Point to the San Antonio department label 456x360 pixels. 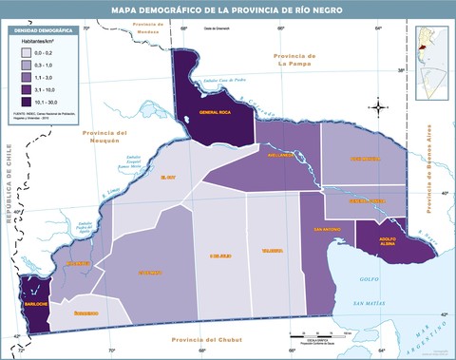[327, 229]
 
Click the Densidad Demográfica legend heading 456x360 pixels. [41, 30]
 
